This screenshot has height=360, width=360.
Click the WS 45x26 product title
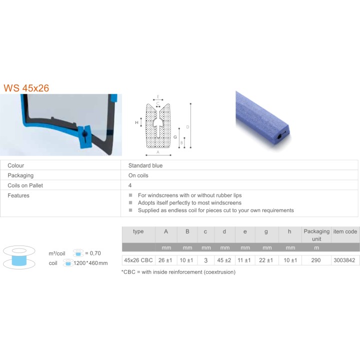click(x=26, y=88)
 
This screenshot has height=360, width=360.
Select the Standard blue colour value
click(x=145, y=165)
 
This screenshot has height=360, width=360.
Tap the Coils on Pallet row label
click(x=25, y=185)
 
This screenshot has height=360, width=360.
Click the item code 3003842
click(x=344, y=260)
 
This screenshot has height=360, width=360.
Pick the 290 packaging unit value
click(x=316, y=260)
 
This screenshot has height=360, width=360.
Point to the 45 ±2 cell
click(x=224, y=260)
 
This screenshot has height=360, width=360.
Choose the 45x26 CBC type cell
click(x=138, y=260)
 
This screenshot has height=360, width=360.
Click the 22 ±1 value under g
click(x=266, y=260)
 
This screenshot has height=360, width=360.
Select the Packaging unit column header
click(x=316, y=235)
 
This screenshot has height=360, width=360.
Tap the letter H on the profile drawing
click(x=136, y=122)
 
